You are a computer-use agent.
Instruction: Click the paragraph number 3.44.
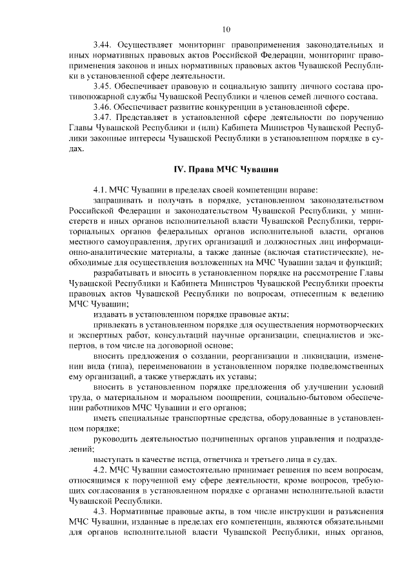[103, 45]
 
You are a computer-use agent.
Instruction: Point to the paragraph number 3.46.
[103, 106]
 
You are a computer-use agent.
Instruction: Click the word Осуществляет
[146, 45]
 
